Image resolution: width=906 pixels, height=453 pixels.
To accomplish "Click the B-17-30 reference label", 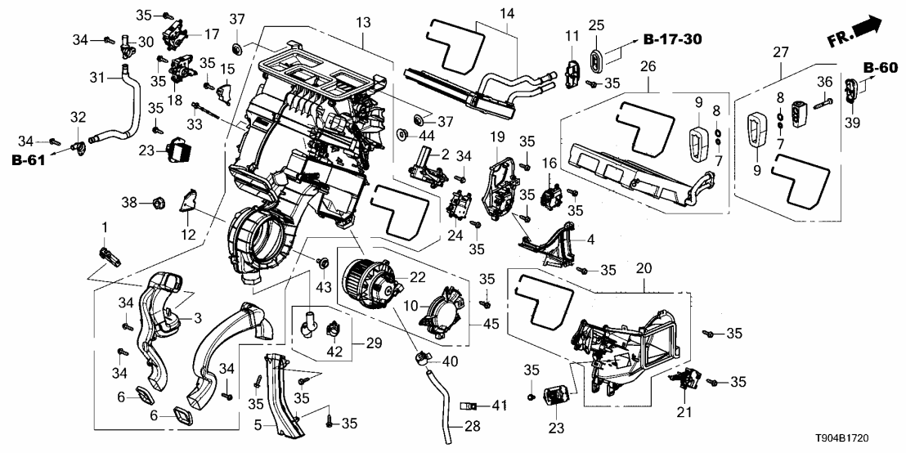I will [673, 39].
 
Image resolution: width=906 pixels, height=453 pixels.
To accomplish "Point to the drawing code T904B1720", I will [860, 440].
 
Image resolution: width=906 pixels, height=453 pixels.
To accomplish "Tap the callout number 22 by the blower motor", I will [418, 278].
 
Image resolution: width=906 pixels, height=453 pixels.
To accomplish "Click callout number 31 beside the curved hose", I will [96, 78].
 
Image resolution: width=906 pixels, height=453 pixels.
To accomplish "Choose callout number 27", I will [780, 53].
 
